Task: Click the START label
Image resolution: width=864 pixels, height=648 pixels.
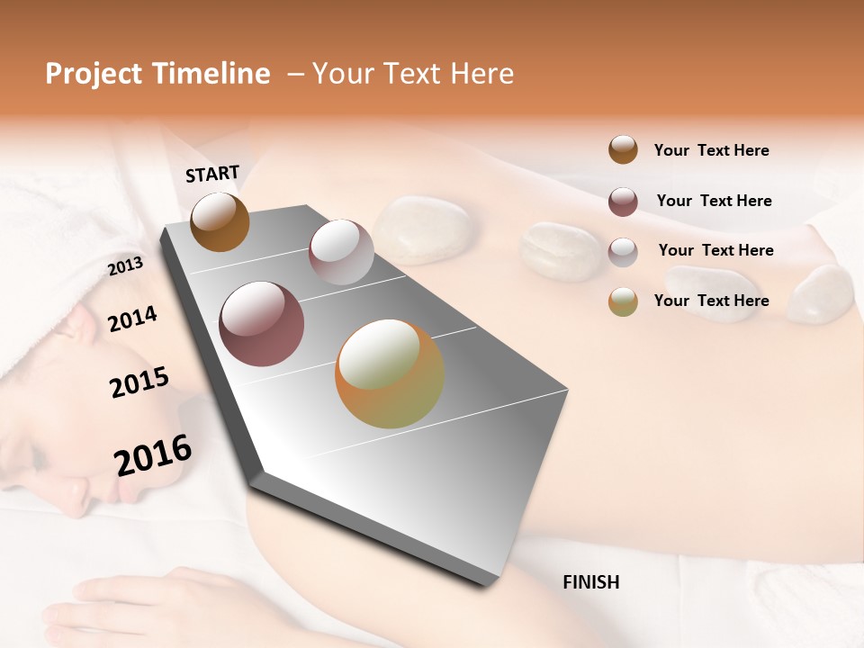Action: [212, 173]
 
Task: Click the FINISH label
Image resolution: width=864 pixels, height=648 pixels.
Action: [590, 582]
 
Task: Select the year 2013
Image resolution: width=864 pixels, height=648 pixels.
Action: [125, 266]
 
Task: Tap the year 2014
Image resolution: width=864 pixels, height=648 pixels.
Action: [132, 319]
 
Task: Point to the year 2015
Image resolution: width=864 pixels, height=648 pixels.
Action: [139, 382]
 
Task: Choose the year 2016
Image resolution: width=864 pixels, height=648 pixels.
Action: [153, 455]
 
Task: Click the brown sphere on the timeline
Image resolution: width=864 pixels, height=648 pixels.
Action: [220, 221]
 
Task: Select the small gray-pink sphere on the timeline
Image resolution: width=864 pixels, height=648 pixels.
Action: [340, 251]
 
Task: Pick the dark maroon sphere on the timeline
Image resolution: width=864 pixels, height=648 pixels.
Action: [261, 324]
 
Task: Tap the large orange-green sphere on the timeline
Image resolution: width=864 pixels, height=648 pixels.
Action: [389, 373]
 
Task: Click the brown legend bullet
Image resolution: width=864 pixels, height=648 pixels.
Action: [623, 150]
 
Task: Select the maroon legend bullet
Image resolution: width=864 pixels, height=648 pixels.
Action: [623, 202]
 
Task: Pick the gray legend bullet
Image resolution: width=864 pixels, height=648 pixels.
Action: [623, 252]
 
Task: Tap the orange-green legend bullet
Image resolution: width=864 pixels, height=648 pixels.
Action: [623, 301]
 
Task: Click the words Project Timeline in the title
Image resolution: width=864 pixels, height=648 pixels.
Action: [157, 74]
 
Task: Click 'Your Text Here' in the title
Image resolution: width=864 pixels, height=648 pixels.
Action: [412, 74]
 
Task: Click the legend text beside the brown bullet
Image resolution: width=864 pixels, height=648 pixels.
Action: [711, 150]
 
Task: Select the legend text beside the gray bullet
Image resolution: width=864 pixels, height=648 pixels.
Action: [715, 250]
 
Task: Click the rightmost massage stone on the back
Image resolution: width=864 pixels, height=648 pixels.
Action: [821, 292]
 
